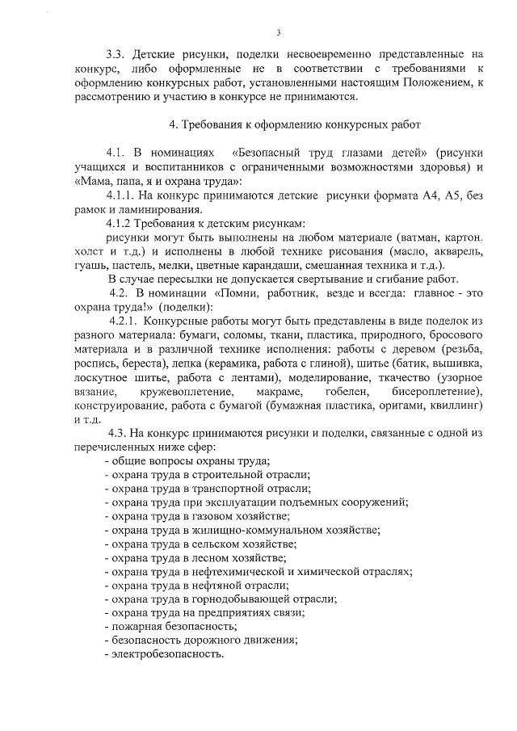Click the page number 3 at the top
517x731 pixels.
(x=277, y=32)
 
